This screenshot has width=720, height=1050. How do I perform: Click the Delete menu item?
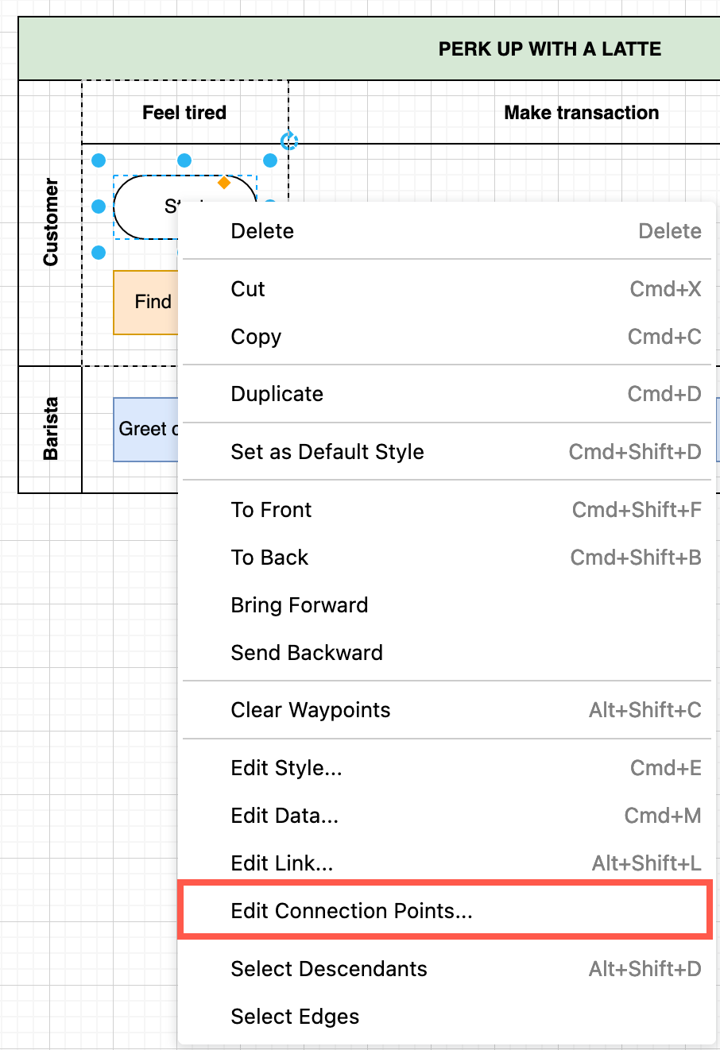pyautogui.click(x=262, y=231)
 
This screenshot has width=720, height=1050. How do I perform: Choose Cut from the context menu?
pyautogui.click(x=248, y=289)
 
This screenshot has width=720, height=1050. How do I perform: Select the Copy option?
pyautogui.click(x=256, y=337)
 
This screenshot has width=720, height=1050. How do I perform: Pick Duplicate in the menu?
pyautogui.click(x=277, y=394)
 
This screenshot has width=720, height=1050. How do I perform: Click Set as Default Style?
pyautogui.click(x=327, y=452)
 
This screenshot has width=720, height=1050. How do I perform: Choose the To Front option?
pyautogui.click(x=271, y=510)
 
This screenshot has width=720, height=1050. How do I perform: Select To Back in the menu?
pyautogui.click(x=269, y=558)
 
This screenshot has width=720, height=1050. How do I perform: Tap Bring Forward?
pyautogui.click(x=300, y=605)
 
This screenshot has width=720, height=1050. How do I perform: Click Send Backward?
pyautogui.click(x=307, y=653)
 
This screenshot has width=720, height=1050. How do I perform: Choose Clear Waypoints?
pyautogui.click(x=311, y=710)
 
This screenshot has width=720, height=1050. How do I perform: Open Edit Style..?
pyautogui.click(x=286, y=768)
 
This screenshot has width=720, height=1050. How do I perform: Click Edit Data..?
pyautogui.click(x=285, y=816)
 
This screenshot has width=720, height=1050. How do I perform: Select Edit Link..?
pyautogui.click(x=281, y=863)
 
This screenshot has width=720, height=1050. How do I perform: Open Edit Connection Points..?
pyautogui.click(x=351, y=911)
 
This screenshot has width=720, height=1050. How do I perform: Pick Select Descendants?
pyautogui.click(x=329, y=969)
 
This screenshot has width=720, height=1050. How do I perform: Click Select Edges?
pyautogui.click(x=295, y=1017)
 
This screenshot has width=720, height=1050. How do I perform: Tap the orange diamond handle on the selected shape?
pyautogui.click(x=224, y=183)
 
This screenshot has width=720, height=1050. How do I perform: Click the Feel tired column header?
pyautogui.click(x=184, y=113)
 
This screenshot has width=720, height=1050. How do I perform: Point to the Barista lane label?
pyautogui.click(x=51, y=429)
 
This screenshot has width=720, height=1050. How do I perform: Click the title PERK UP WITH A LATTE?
pyautogui.click(x=549, y=49)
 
